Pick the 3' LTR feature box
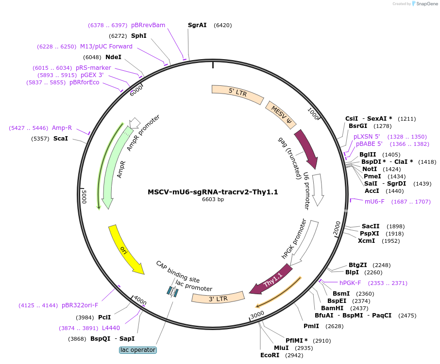(x=218, y=298)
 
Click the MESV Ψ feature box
(x=281, y=114)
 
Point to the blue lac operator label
(x=138, y=350)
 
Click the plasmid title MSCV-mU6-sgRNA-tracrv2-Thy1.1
(x=213, y=192)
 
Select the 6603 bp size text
(x=213, y=199)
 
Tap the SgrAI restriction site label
(x=197, y=25)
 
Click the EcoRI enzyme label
(x=270, y=355)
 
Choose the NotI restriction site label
(x=370, y=169)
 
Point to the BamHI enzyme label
(x=332, y=308)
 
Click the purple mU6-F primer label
(x=374, y=201)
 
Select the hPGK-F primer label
(x=350, y=283)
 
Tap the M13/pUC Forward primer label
(x=106, y=47)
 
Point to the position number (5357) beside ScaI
(x=40, y=139)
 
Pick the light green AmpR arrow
(x=114, y=168)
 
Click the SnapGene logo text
(x=427, y=4)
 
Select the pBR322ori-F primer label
(x=80, y=305)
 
